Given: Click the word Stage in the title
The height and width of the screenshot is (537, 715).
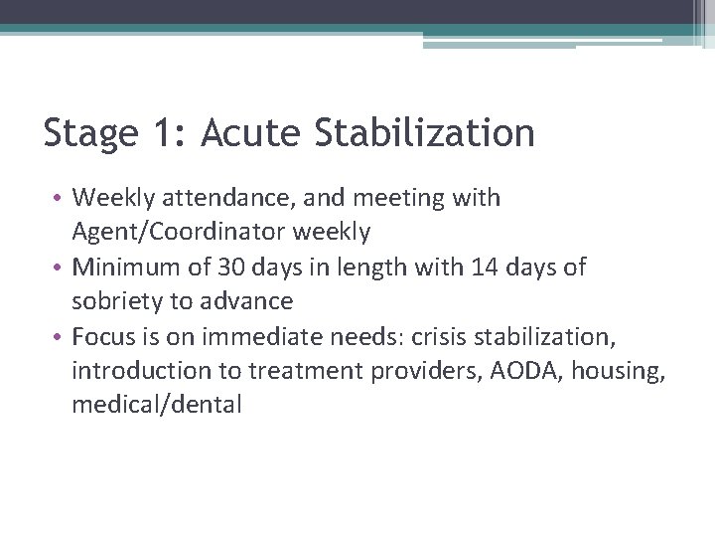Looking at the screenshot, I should pos(91,133).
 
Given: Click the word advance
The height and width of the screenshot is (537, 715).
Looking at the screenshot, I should pos(252,301).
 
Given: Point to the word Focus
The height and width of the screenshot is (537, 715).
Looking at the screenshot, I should pos(99,336).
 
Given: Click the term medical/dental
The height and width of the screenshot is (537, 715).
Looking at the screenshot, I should pos(156,405).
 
